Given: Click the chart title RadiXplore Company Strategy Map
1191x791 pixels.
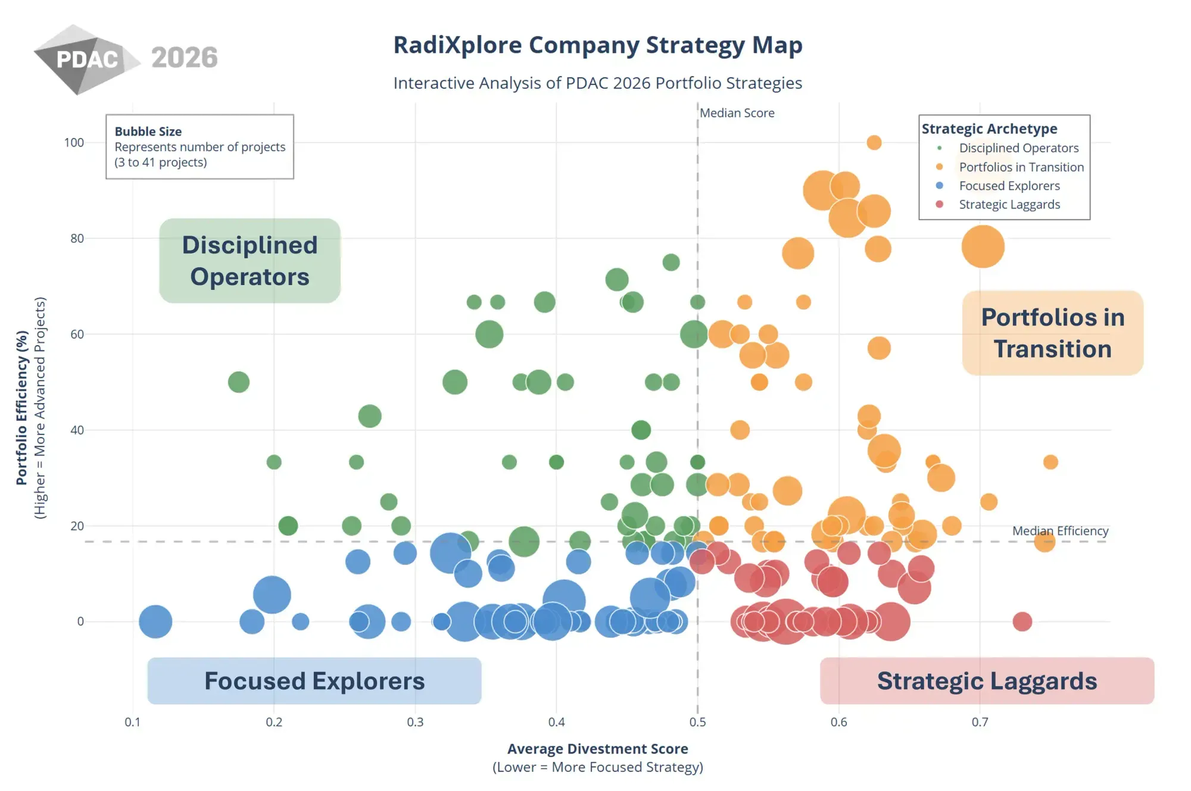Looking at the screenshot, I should [x=598, y=45].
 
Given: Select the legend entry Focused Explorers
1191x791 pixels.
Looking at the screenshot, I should [x=1009, y=186].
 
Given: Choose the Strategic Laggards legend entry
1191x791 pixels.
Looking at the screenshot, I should [x=1009, y=205].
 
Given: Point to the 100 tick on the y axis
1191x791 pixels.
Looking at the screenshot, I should [x=74, y=143].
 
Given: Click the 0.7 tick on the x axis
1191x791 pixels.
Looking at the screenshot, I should [x=980, y=722].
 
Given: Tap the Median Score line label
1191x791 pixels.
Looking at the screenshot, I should [x=737, y=113].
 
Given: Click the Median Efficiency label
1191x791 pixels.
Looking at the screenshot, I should [x=1060, y=531].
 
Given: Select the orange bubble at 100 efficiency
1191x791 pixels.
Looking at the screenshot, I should [x=874, y=143].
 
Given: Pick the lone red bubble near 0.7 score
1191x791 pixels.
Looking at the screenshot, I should [x=1022, y=621].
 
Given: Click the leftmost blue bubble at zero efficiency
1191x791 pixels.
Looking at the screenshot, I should [x=155, y=621].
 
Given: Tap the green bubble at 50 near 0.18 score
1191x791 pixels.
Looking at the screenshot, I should [x=239, y=382].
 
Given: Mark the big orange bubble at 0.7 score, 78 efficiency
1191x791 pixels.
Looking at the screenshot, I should [x=983, y=246].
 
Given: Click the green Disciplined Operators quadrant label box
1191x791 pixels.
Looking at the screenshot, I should [x=250, y=261].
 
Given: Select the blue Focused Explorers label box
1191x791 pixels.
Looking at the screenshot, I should [x=314, y=681].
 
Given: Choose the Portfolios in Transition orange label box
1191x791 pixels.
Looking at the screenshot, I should [x=1052, y=333].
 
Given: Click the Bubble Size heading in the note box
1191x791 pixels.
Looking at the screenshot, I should [x=148, y=132].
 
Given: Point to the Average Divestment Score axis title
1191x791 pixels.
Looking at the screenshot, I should [x=597, y=749].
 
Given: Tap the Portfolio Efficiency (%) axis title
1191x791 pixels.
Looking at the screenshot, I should [x=22, y=408].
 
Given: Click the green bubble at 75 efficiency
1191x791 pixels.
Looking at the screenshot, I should [x=671, y=262].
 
